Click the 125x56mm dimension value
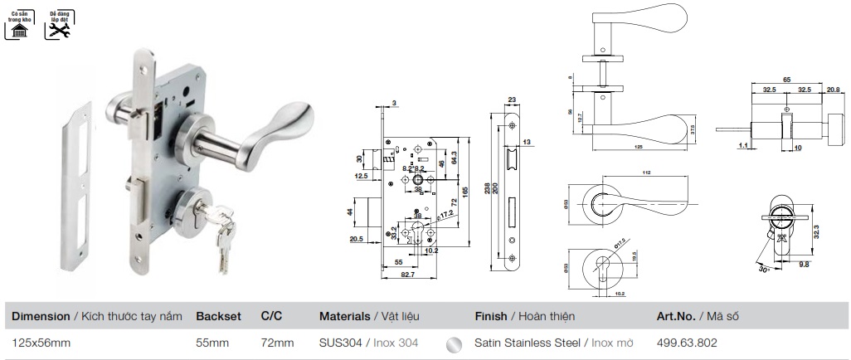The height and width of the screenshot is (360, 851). pyautogui.click(x=41, y=342)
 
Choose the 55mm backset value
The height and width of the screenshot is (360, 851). pyautogui.click(x=212, y=342)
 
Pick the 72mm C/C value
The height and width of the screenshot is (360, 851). pyautogui.click(x=277, y=342)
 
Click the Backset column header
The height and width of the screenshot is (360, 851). pyautogui.click(x=218, y=316)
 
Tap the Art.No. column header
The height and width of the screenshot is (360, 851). pyautogui.click(x=676, y=316)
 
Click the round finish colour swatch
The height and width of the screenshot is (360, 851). pyautogui.click(x=453, y=343)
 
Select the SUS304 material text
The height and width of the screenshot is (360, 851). pyautogui.click(x=341, y=342)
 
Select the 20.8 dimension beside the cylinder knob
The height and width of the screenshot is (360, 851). pyautogui.click(x=833, y=90)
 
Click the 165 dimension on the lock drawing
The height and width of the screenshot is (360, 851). pyautogui.click(x=466, y=190)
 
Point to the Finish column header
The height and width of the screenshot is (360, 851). pyautogui.click(x=493, y=316)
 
